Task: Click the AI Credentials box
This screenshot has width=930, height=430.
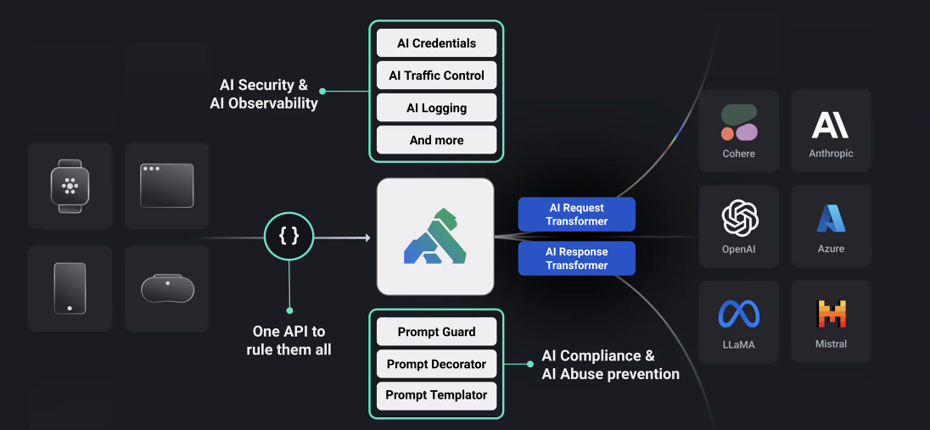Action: (x=436, y=43)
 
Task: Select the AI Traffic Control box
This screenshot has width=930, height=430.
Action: (x=436, y=75)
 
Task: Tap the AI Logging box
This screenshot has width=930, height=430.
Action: (x=436, y=108)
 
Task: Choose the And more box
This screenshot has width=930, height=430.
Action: (x=436, y=140)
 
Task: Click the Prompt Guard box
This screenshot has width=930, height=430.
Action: (x=436, y=332)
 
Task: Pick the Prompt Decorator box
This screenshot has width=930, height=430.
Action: (x=436, y=364)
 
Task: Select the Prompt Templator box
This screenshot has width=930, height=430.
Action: (x=436, y=395)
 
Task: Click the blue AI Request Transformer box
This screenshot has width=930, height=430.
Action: (x=577, y=215)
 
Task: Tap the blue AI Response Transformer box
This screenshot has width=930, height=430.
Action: (x=577, y=259)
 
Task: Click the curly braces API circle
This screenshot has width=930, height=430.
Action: (x=289, y=236)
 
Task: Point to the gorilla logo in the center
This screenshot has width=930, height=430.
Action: (x=435, y=237)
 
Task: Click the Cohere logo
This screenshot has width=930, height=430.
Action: (x=739, y=123)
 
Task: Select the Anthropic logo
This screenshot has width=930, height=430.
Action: (x=831, y=125)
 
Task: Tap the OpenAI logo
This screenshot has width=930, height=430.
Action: (x=739, y=218)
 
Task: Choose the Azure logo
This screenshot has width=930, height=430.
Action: (x=831, y=219)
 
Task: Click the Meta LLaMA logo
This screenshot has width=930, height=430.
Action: (x=739, y=314)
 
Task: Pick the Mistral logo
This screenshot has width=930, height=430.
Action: (x=831, y=314)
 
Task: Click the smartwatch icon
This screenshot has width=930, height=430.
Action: (x=70, y=186)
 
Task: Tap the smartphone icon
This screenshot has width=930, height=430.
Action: (x=70, y=288)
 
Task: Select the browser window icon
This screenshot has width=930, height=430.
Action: (x=166, y=185)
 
